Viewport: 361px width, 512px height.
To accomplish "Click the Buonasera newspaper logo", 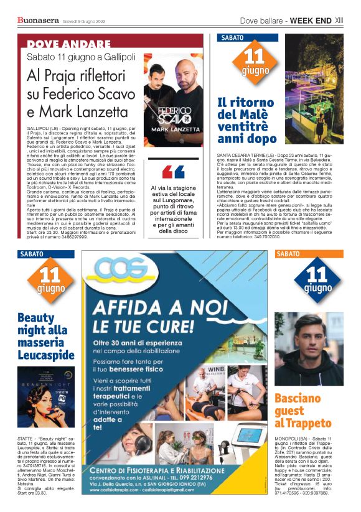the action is pos(38,21).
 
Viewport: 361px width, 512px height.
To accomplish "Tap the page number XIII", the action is pos(339,21).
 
